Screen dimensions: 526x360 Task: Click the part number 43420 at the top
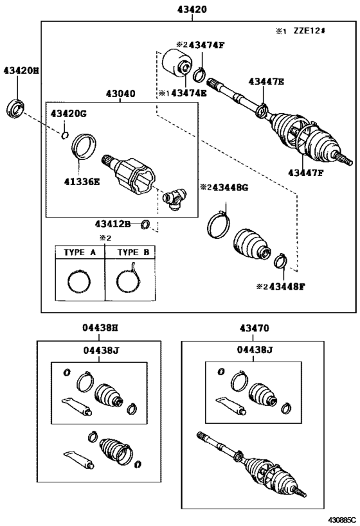pos(192,10)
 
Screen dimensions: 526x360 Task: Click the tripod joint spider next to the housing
pos(174,197)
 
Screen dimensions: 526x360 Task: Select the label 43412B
pos(113,224)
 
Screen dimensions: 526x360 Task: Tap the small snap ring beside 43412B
pos(146,224)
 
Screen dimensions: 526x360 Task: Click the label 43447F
pos(309,172)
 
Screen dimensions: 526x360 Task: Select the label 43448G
pos(227,187)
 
